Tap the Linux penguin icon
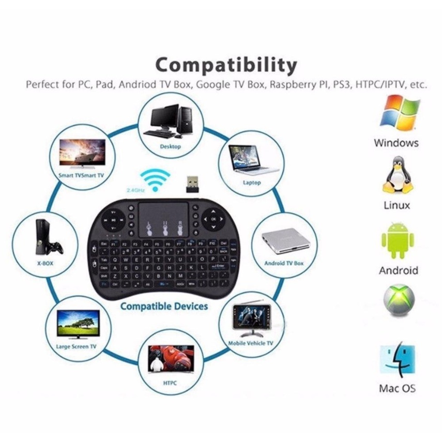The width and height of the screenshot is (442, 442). click(397, 176)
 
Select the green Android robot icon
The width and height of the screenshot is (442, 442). click(398, 241)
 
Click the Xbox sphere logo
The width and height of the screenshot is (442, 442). click(398, 299)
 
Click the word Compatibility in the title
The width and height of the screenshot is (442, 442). click(226, 66)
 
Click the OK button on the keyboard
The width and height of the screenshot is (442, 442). click(214, 219)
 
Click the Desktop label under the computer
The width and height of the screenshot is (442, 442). click(170, 146)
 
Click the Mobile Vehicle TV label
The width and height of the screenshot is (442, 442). click(251, 343)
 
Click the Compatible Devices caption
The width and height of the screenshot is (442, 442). click(164, 307)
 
